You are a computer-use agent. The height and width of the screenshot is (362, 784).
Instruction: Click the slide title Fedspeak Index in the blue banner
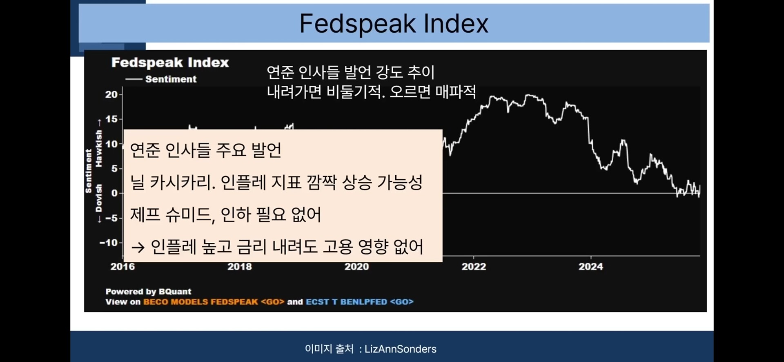point(394,23)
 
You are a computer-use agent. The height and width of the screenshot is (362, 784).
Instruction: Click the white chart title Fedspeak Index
point(170,63)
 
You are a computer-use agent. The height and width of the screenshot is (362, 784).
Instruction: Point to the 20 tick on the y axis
point(111,94)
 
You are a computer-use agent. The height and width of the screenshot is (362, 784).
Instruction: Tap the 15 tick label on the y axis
point(111,119)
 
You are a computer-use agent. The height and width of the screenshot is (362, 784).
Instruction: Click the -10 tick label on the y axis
point(109,243)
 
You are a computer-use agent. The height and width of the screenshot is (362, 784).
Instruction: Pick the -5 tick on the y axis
point(111,218)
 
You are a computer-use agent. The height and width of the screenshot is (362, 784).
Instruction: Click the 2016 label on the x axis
point(122,267)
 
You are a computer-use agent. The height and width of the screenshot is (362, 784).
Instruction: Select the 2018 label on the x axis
point(240,267)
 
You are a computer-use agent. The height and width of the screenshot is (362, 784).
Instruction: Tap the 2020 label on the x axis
point(356,267)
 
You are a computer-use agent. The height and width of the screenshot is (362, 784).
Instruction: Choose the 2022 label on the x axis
point(474,267)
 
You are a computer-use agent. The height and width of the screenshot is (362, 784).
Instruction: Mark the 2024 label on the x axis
point(590,267)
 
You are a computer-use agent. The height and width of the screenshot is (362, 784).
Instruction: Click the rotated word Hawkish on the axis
point(98,148)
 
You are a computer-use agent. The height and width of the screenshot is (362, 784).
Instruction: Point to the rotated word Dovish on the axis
point(98,198)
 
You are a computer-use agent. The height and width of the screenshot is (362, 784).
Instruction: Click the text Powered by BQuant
point(148,291)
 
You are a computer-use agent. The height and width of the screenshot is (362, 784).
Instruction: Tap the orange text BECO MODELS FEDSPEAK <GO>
point(214,302)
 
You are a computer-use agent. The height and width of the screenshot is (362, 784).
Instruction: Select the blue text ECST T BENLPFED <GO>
point(359,302)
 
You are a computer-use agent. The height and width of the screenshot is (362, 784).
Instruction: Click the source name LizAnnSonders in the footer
point(400,349)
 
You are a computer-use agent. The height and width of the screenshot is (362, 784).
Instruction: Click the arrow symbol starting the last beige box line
point(138,247)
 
